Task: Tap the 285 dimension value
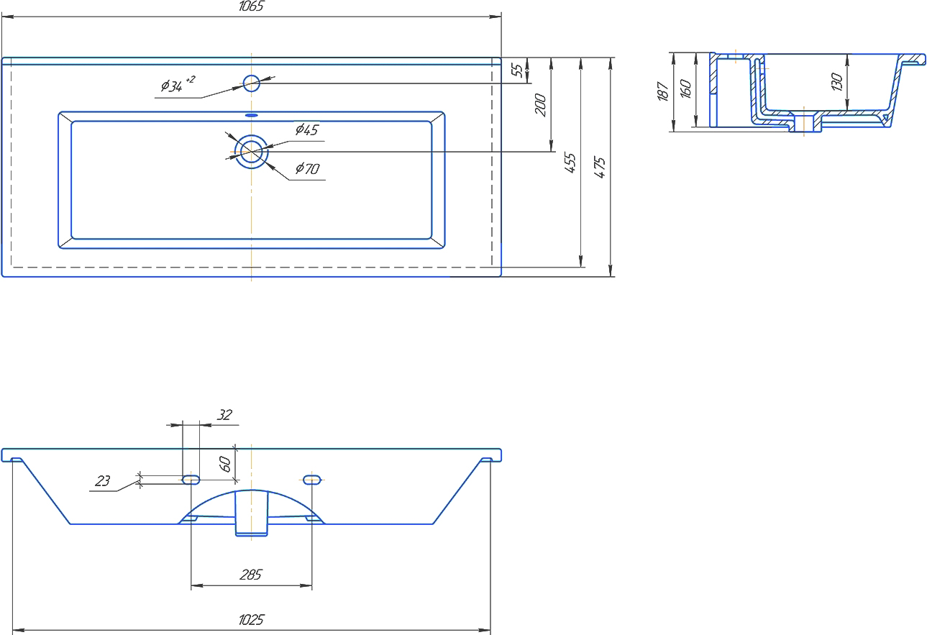(x=251, y=575)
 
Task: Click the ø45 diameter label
(x=306, y=129)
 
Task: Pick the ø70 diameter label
(x=307, y=170)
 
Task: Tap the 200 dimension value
(x=542, y=105)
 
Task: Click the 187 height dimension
(x=664, y=91)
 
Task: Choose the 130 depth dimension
(x=836, y=81)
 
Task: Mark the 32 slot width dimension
(x=225, y=415)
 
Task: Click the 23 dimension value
(x=103, y=481)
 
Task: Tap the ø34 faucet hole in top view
(x=251, y=83)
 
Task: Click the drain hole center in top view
(x=251, y=152)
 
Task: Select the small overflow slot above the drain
(x=251, y=114)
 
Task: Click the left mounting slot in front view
(x=191, y=479)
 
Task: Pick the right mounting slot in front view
(x=312, y=479)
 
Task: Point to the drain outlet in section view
(x=805, y=122)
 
